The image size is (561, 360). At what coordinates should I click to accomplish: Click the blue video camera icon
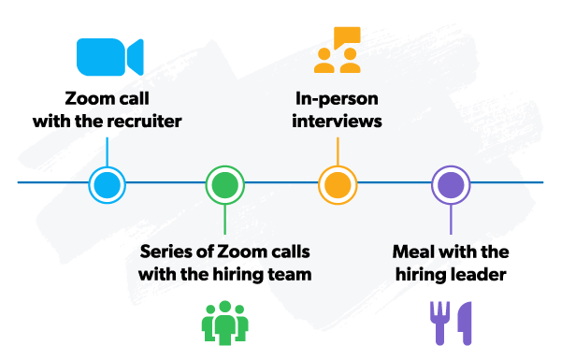point(109,57)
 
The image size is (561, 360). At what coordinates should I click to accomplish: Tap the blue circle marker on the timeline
point(107,184)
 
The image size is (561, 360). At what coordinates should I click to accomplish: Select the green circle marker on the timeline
point(224,184)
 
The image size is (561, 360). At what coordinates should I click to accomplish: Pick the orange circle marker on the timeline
point(337,184)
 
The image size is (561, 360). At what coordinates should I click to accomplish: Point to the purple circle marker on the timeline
point(451,184)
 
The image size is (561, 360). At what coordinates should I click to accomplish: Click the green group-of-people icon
point(224,322)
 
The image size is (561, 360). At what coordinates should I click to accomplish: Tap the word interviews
point(337,121)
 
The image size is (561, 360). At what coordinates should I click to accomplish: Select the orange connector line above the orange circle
point(337,150)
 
